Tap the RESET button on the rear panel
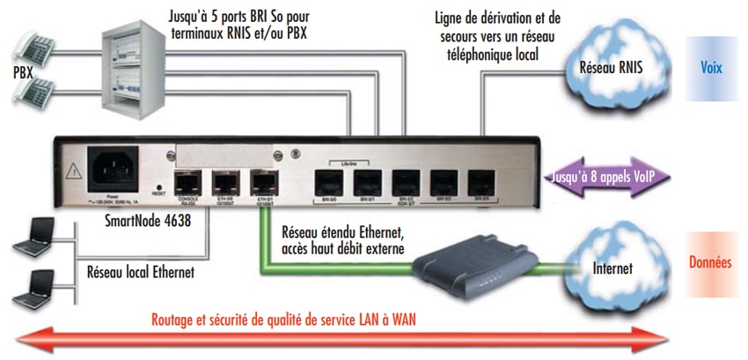158,187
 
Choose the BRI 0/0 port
327,183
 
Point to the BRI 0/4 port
480,183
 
